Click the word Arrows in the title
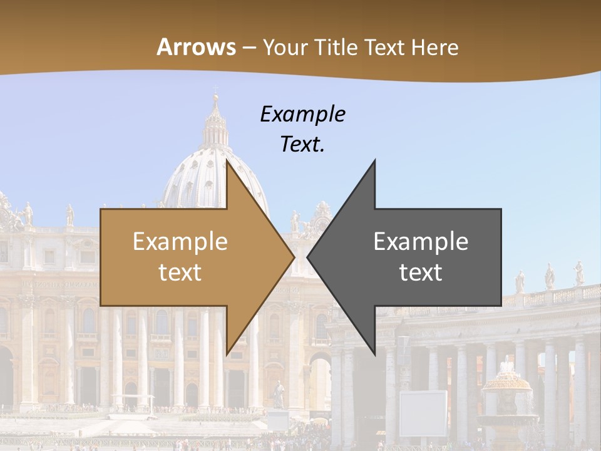[x=196, y=47]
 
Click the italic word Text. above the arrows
[x=302, y=144]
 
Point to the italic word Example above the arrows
[x=302, y=114]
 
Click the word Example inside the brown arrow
[x=180, y=241]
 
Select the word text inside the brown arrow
[x=180, y=272]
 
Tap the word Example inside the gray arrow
[x=421, y=241]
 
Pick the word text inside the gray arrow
[x=421, y=272]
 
